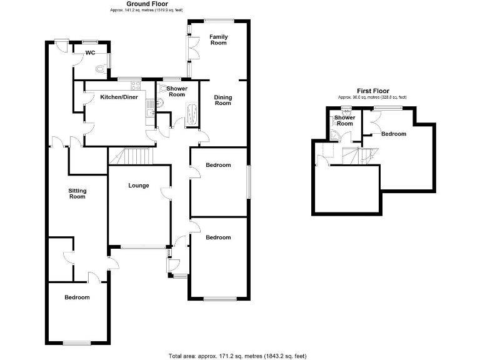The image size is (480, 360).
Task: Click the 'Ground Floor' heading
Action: pyautogui.click(x=130, y=4)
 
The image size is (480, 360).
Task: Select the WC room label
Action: pyautogui.click(x=90, y=53)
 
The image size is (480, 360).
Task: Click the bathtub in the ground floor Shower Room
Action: pyautogui.click(x=192, y=116)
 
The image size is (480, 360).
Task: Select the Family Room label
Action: pyautogui.click(x=218, y=40)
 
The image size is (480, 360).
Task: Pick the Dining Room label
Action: pyautogui.click(x=222, y=100)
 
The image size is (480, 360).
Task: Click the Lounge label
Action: pyautogui.click(x=138, y=185)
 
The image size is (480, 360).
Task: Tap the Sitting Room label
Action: pyautogui.click(x=76, y=193)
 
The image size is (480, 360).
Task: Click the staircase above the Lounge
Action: pyautogui.click(x=131, y=156)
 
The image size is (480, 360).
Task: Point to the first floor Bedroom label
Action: pyautogui.click(x=394, y=134)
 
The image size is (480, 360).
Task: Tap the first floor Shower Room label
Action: pyautogui.click(x=345, y=120)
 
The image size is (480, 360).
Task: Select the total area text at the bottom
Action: pyautogui.click(x=237, y=356)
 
